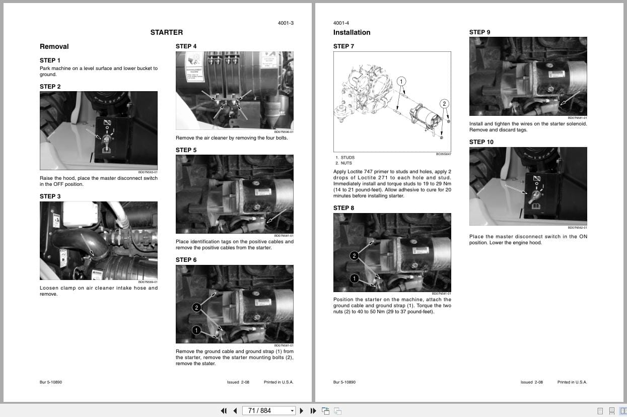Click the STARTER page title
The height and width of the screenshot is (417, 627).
[x=166, y=32]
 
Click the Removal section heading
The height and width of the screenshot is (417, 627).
[x=54, y=46]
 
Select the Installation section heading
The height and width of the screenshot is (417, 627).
[x=352, y=32]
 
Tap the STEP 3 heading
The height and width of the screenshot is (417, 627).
[x=50, y=196]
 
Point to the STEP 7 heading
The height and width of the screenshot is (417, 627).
[x=343, y=46]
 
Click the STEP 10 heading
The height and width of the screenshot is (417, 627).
[x=481, y=142]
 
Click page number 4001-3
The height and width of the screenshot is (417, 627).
[x=286, y=23]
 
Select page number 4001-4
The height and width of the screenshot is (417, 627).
[x=341, y=23]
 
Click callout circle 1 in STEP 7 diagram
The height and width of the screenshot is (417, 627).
[x=401, y=81]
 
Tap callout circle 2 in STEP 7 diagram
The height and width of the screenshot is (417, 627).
[x=444, y=104]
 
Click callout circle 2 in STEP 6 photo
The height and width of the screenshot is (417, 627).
[x=196, y=307]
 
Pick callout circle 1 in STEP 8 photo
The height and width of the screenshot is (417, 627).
[x=354, y=279]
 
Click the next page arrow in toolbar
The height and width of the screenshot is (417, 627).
[x=302, y=410]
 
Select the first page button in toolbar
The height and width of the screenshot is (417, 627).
[x=224, y=410]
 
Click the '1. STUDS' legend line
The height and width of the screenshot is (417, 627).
[x=345, y=158]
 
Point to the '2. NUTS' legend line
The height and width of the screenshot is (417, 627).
[x=343, y=163]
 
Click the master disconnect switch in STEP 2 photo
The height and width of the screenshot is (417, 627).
[x=106, y=138]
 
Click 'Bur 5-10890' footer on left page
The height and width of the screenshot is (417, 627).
[x=51, y=382]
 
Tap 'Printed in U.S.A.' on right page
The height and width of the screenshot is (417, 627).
[x=572, y=382]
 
